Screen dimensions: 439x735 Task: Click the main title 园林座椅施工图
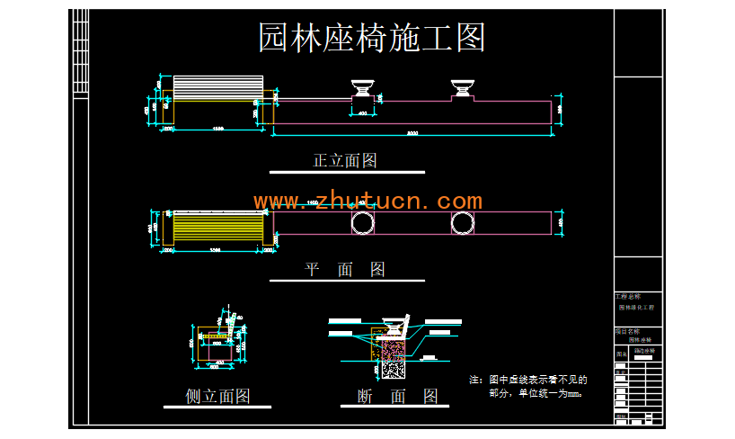pyautogui.click(x=372, y=38)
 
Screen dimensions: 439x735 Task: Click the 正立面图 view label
pyautogui.click(x=344, y=161)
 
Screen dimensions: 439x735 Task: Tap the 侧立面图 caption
pyautogui.click(x=217, y=396)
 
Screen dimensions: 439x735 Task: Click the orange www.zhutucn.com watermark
pyautogui.click(x=367, y=201)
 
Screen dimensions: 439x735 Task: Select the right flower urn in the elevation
pyautogui.click(x=463, y=89)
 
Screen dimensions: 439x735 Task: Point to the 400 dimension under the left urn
pyautogui.click(x=362, y=115)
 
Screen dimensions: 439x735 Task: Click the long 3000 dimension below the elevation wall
pyautogui.click(x=412, y=133)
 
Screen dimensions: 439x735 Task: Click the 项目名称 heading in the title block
pyautogui.click(x=626, y=331)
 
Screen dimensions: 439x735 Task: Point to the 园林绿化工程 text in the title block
pyautogui.click(x=636, y=308)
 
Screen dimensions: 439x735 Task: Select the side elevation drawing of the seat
pyautogui.click(x=217, y=344)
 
